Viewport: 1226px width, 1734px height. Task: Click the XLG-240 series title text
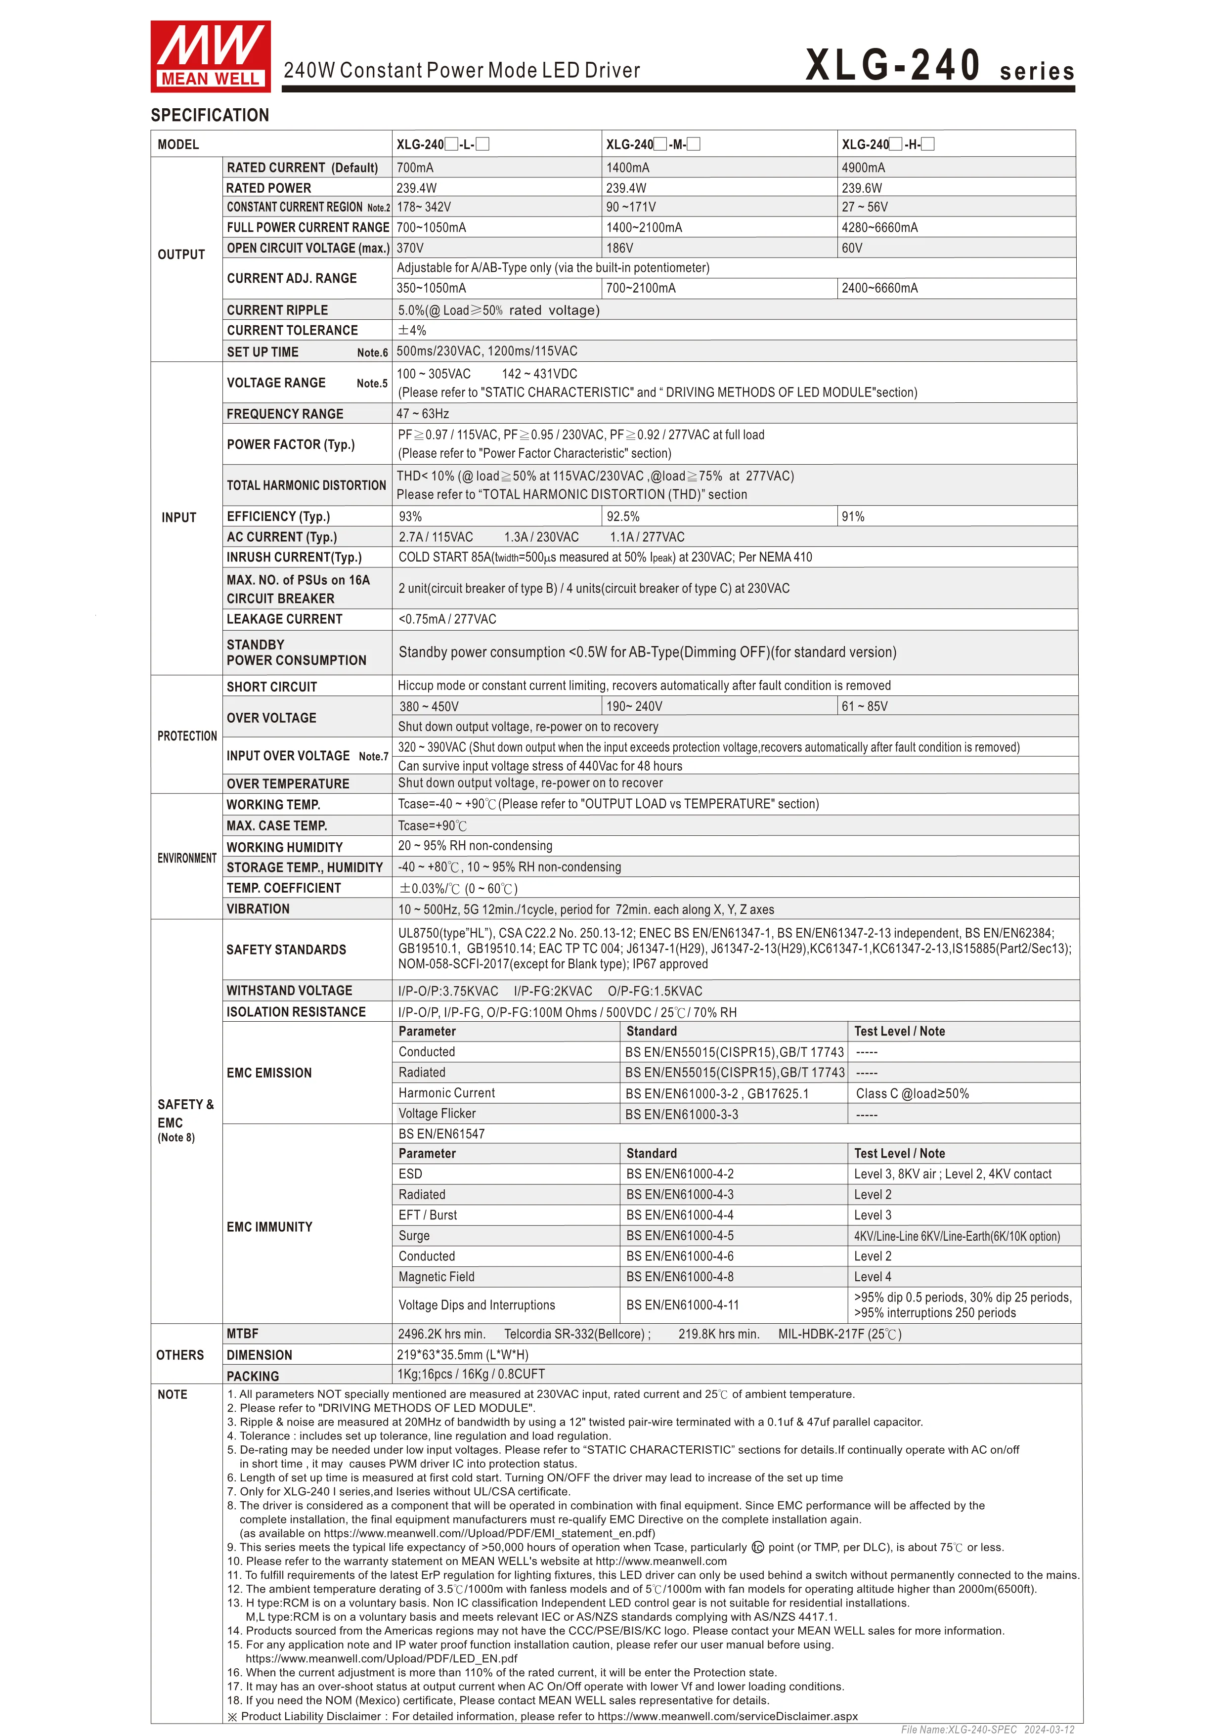939,66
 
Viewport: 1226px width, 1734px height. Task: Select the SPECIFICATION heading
210,116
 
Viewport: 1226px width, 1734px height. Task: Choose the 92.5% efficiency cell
623,517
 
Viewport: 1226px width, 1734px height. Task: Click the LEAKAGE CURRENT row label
284,619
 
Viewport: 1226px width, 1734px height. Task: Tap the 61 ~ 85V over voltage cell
865,707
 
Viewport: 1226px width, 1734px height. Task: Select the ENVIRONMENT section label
186,858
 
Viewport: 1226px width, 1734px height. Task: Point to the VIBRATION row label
258,910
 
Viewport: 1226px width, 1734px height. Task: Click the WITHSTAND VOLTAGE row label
289,991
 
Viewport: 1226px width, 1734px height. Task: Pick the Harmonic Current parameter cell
446,1093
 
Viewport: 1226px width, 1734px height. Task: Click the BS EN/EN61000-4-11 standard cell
682,1305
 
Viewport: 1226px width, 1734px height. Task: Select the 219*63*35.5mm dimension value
462,1355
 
